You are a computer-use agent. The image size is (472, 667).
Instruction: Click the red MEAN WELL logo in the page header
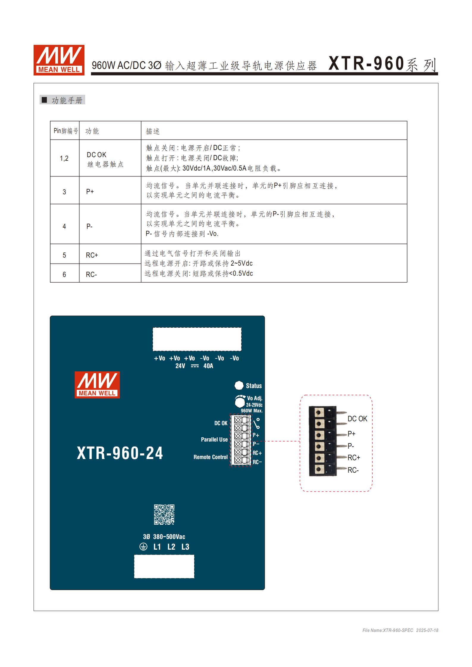pos(59,60)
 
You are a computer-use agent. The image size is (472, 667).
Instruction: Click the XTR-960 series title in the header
pos(382,64)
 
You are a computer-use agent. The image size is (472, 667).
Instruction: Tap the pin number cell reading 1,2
pos(64,158)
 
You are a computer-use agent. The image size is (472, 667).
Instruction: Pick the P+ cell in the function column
pos(90,192)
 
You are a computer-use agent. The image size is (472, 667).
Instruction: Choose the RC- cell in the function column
pos(91,275)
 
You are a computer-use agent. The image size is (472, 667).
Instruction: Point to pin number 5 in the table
pos(64,255)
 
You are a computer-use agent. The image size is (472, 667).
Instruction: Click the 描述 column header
pos(153,131)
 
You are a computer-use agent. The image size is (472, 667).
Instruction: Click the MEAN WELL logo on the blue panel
pos(97,385)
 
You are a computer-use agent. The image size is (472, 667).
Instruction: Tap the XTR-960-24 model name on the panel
pos(120,453)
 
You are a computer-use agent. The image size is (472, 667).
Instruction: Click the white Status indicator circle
pos(239,385)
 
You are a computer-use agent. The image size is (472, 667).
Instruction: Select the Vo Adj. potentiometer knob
pos(240,402)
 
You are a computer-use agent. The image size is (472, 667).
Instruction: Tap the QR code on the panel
pos(164,514)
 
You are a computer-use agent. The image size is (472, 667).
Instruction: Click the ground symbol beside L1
pos(143,547)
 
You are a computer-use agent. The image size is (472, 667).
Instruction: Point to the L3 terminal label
pos(185,547)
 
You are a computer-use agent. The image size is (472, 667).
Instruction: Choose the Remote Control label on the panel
pos(211,457)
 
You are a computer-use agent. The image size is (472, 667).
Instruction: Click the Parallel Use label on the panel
pos(214,439)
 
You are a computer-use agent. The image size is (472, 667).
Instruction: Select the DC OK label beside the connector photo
pos(357,419)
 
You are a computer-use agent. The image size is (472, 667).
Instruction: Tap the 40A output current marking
pos(208,366)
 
